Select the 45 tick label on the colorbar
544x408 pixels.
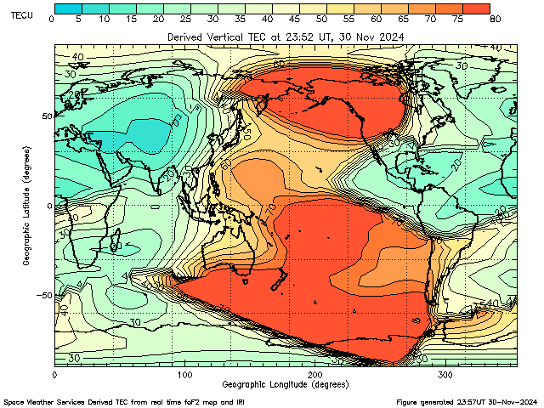click(x=294, y=19)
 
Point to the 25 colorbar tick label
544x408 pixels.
click(x=185, y=19)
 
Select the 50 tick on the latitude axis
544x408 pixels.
click(x=47, y=116)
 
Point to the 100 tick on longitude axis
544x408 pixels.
click(x=184, y=374)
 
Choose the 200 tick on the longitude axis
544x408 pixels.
click(x=314, y=374)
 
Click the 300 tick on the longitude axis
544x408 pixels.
click(x=445, y=374)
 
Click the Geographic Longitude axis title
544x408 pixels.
click(x=285, y=384)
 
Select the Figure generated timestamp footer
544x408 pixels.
click(x=467, y=401)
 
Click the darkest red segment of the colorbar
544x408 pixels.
click(x=478, y=8)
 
